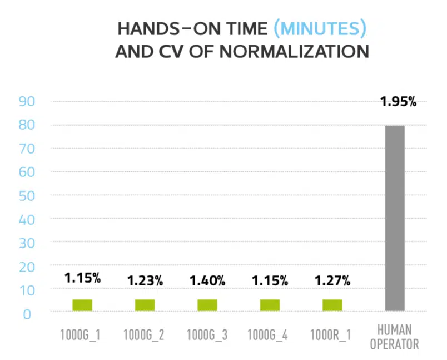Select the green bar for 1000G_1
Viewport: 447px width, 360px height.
pyautogui.click(x=82, y=305)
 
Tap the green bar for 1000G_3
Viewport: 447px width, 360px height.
pyautogui.click(x=207, y=305)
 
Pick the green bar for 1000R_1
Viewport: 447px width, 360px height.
pyautogui.click(x=332, y=305)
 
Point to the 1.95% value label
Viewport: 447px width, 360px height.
pyautogui.click(x=398, y=102)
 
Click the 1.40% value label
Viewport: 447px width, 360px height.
pyautogui.click(x=207, y=280)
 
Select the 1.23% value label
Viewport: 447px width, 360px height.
pyautogui.click(x=145, y=281)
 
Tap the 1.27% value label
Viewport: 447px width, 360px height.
pyautogui.click(x=332, y=280)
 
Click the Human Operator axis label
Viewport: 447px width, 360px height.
pyautogui.click(x=395, y=337)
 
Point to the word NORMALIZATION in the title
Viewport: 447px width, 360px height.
pyautogui.click(x=294, y=52)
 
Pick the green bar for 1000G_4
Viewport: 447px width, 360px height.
pyautogui.click(x=270, y=305)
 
